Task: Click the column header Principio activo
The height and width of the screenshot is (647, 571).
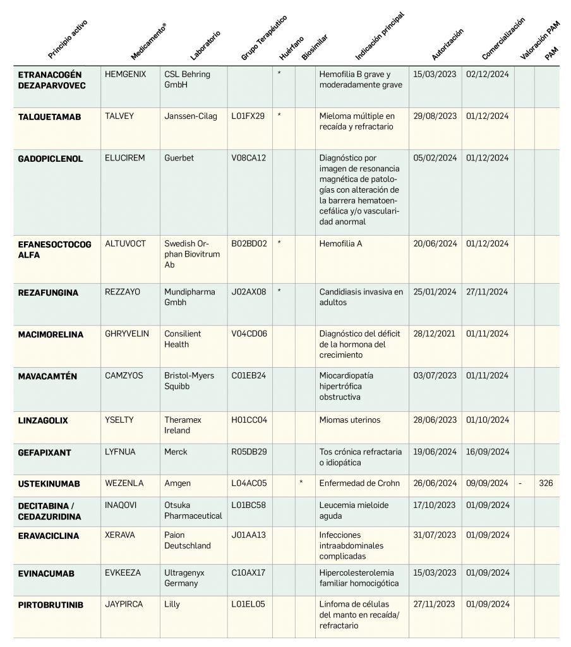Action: (x=68, y=39)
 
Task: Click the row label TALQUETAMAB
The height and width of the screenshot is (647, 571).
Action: (x=49, y=118)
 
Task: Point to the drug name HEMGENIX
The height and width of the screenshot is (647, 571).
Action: (x=125, y=74)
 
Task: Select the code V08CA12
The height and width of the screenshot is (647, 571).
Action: (x=248, y=159)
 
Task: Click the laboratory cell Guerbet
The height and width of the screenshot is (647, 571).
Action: (x=179, y=159)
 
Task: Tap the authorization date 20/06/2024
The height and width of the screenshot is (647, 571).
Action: (x=435, y=243)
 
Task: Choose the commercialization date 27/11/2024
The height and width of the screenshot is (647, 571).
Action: (x=487, y=292)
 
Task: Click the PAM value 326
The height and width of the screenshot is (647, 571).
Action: (x=546, y=483)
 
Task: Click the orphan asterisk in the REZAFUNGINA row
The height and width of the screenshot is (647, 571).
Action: (x=279, y=292)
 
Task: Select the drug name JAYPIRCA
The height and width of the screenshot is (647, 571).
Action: (x=124, y=604)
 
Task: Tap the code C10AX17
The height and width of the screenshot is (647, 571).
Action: (x=248, y=572)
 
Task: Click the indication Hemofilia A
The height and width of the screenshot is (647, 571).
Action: (x=341, y=243)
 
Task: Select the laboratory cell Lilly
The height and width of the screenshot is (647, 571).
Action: (x=172, y=604)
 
